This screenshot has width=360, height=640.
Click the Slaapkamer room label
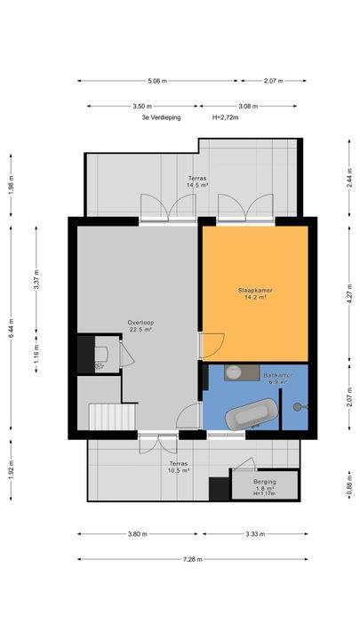[x=255, y=291]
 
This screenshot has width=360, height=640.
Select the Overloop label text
[x=140, y=323]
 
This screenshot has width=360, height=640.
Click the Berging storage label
[x=265, y=482]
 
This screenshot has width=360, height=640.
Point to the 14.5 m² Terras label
[x=198, y=181]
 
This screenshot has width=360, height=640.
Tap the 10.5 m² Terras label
[x=179, y=467]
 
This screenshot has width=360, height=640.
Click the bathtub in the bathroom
[x=252, y=414]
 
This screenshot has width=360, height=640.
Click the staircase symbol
[x=112, y=416]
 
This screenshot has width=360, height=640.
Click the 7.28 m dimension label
[x=193, y=559]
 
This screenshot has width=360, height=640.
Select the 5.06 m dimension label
[x=157, y=81]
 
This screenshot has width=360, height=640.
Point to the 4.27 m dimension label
[x=349, y=294]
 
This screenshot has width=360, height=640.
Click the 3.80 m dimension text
[x=138, y=534]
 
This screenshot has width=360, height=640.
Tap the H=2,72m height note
[x=225, y=117]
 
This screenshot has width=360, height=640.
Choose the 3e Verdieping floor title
[x=161, y=117]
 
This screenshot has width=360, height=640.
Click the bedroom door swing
[x=213, y=345]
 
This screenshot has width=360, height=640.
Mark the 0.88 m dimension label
[x=349, y=484]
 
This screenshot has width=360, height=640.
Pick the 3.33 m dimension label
[x=255, y=534]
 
